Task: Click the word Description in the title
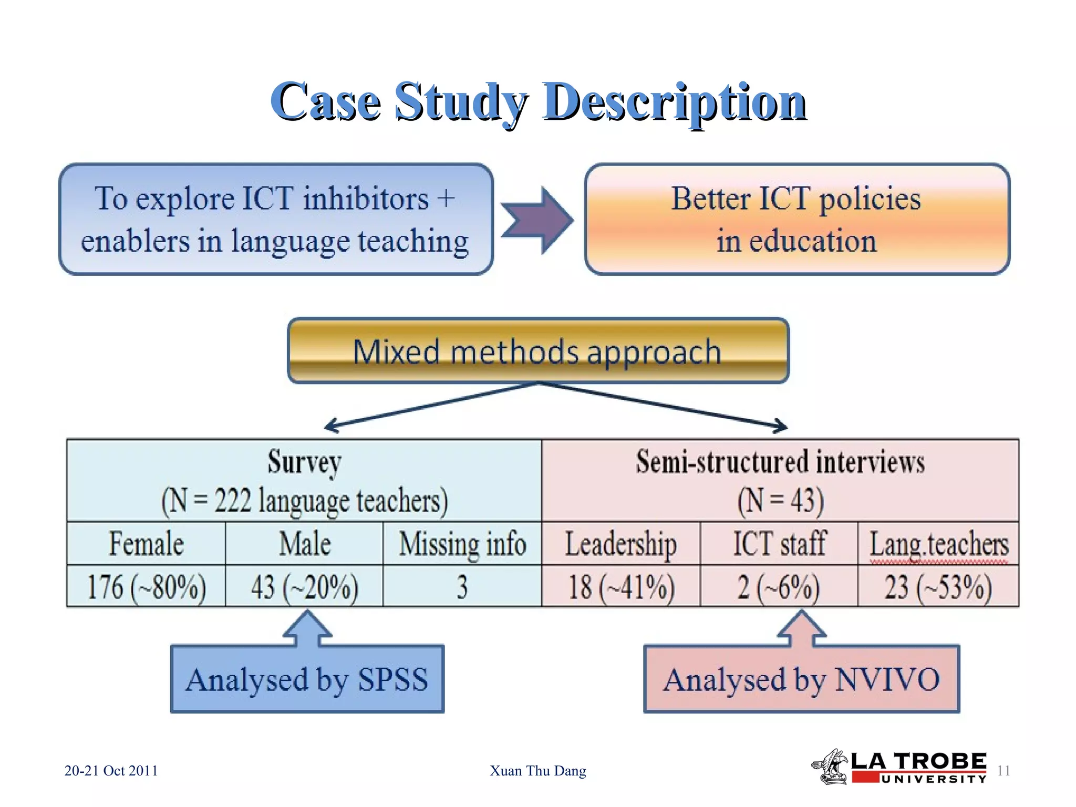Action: point(675,102)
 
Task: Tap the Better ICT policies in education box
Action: point(796,220)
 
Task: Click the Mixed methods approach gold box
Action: point(538,351)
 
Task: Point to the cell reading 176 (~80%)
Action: point(146,587)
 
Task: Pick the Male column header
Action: point(305,544)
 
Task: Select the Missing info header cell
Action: point(462,544)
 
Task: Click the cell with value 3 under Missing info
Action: point(462,587)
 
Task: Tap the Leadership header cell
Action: point(620,544)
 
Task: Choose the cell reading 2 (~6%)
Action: point(779,587)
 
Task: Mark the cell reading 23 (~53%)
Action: point(938,587)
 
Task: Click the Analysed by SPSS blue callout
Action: point(307,679)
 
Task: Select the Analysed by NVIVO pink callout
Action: point(801,679)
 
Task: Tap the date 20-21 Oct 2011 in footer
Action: point(111,771)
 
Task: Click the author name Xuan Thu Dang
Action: point(537,771)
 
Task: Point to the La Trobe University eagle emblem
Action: point(830,767)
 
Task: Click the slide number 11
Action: point(1003,771)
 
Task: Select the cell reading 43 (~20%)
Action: point(305,587)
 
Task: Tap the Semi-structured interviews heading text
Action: point(780,462)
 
